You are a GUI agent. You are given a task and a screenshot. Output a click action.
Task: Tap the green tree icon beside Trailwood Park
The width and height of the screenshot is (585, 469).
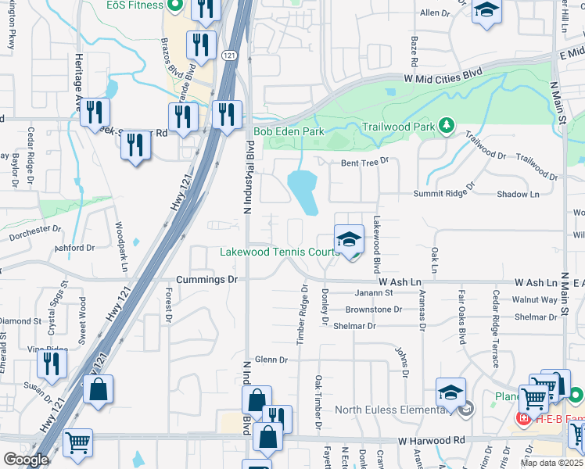pos(447,125)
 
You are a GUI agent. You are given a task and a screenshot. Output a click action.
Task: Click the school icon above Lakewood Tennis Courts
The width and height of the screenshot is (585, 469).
pos(349,239)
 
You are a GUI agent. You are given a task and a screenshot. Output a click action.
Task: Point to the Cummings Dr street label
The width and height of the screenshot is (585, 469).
pos(206,279)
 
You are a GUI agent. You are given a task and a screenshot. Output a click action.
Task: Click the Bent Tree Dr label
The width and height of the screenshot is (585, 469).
pos(364,163)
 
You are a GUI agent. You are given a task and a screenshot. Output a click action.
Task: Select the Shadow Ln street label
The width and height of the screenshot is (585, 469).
pos(518,194)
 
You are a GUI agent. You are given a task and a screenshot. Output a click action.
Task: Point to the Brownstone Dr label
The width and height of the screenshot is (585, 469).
pos(373,310)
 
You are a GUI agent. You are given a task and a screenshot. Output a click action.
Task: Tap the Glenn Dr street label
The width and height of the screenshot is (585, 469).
pos(271,360)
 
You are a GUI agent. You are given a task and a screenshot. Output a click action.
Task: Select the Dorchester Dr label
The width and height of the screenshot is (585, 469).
pos(34,232)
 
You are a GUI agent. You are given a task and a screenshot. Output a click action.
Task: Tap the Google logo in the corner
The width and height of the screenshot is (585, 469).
pos(26,460)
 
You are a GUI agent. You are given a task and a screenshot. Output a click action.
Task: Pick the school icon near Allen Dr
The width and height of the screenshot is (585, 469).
pos(486,12)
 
